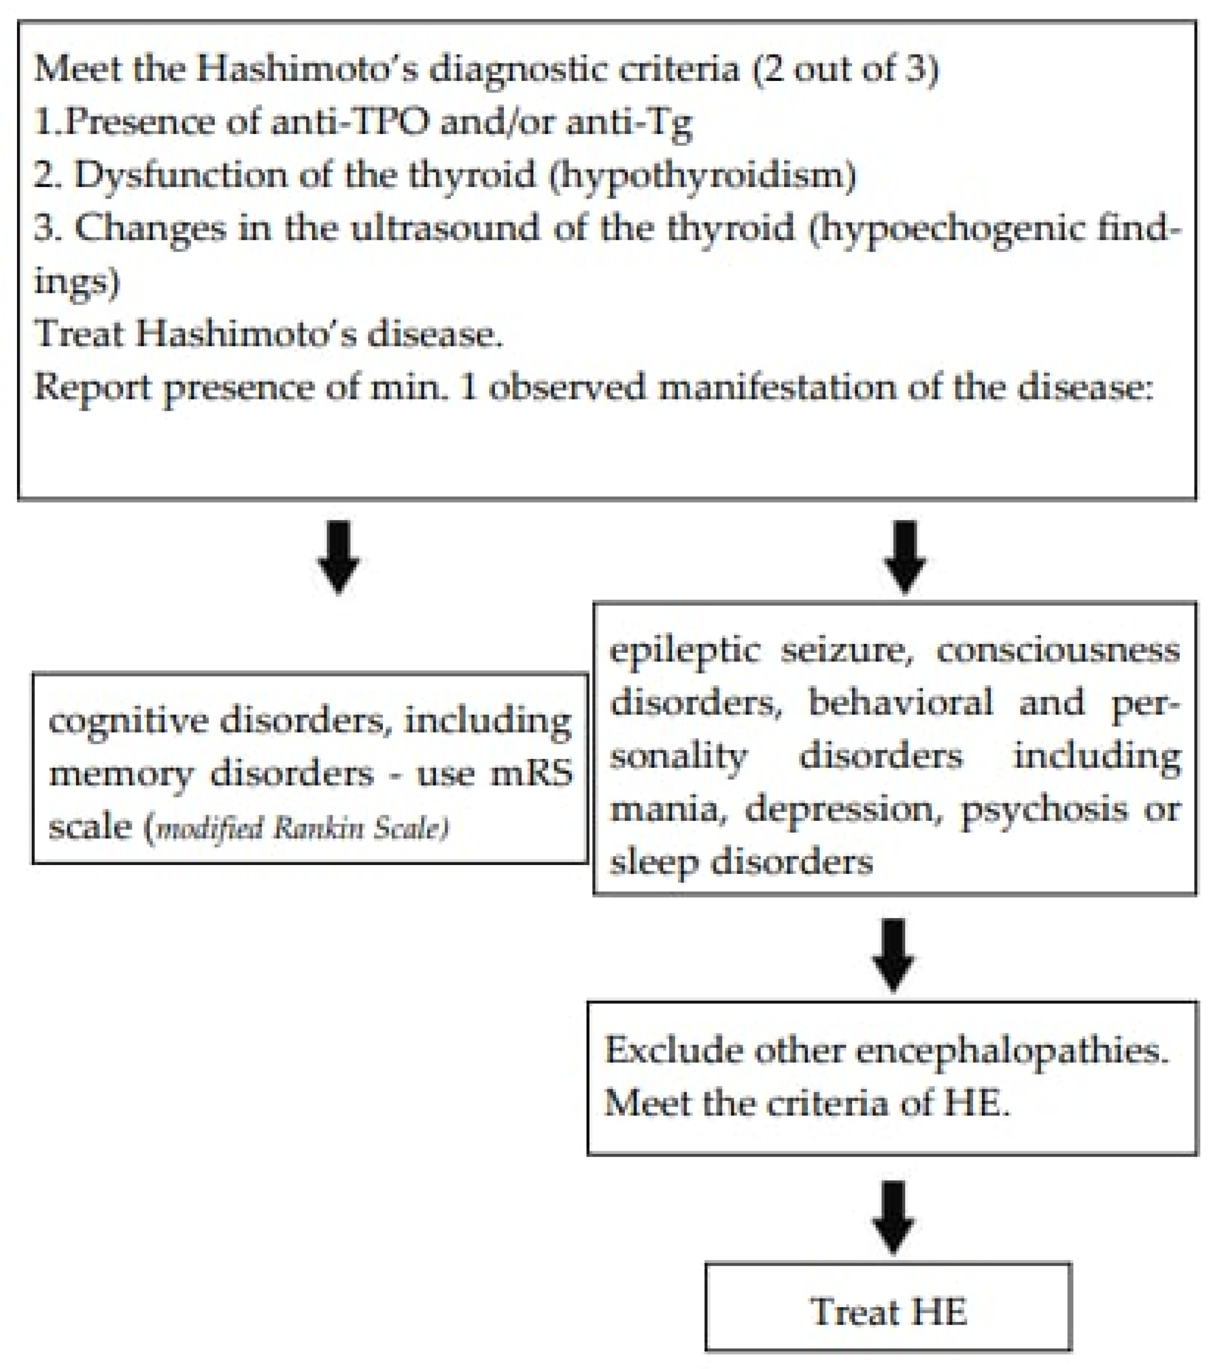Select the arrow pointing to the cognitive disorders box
338,556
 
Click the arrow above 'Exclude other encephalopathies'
893,954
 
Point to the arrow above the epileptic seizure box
905,556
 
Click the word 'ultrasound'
446,228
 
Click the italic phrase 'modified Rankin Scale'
302,828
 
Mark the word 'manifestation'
778,388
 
